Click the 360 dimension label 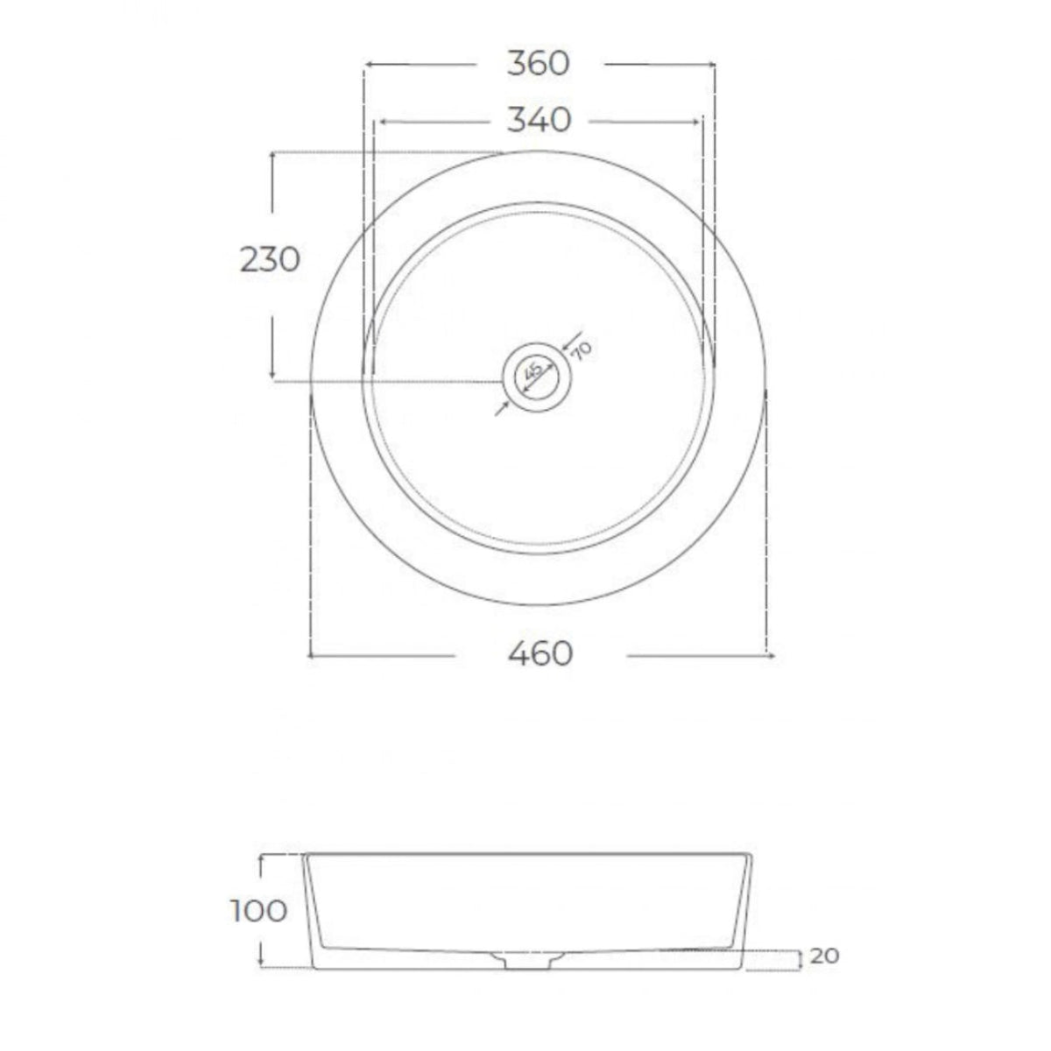point(538,64)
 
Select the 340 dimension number point(539,120)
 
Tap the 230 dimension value point(270,259)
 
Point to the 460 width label point(540,653)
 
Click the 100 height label point(259,911)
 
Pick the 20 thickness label point(824,956)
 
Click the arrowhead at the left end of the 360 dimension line point(368,64)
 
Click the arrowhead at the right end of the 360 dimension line point(711,64)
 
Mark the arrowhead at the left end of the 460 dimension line point(314,653)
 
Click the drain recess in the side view point(523,960)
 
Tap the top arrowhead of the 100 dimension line point(261,857)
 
